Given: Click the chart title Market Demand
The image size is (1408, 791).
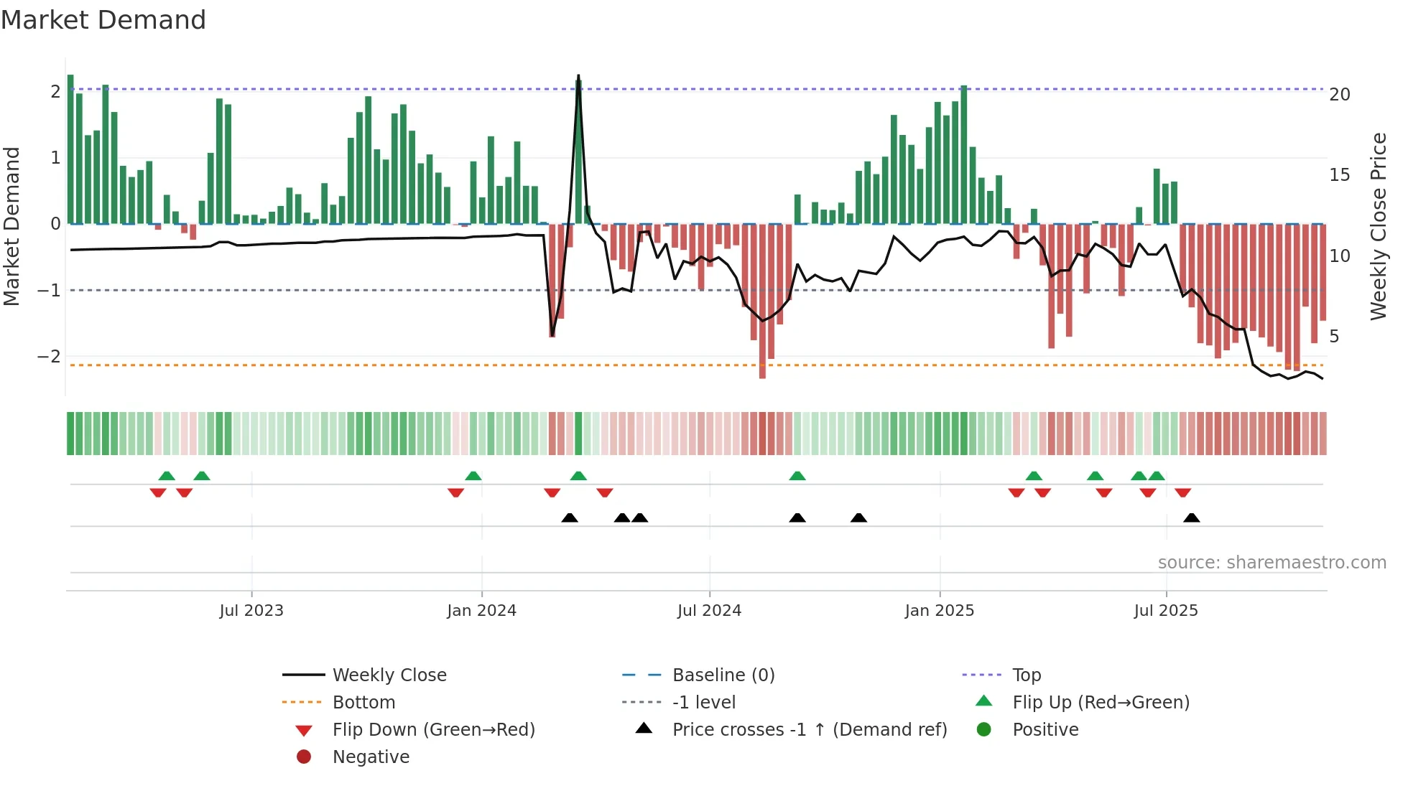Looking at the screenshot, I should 103,20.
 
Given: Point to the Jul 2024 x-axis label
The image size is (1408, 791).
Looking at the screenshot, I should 709,611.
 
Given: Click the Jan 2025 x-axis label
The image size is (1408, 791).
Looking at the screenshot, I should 939,611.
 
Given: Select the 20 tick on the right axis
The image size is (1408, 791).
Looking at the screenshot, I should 1339,95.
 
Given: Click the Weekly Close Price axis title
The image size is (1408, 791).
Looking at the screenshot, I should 1378,226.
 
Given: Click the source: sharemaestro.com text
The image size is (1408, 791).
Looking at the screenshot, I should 1272,562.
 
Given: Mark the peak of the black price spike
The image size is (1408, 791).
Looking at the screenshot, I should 578,76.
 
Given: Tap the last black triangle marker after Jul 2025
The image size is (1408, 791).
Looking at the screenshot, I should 1191,518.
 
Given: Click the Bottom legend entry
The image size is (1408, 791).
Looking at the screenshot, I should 363,702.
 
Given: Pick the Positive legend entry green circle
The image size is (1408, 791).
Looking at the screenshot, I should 984,729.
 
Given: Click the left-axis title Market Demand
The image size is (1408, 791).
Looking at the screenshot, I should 11,226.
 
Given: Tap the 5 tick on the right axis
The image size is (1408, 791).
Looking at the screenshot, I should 1334,337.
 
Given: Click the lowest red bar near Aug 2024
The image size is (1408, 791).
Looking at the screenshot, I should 762,373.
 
